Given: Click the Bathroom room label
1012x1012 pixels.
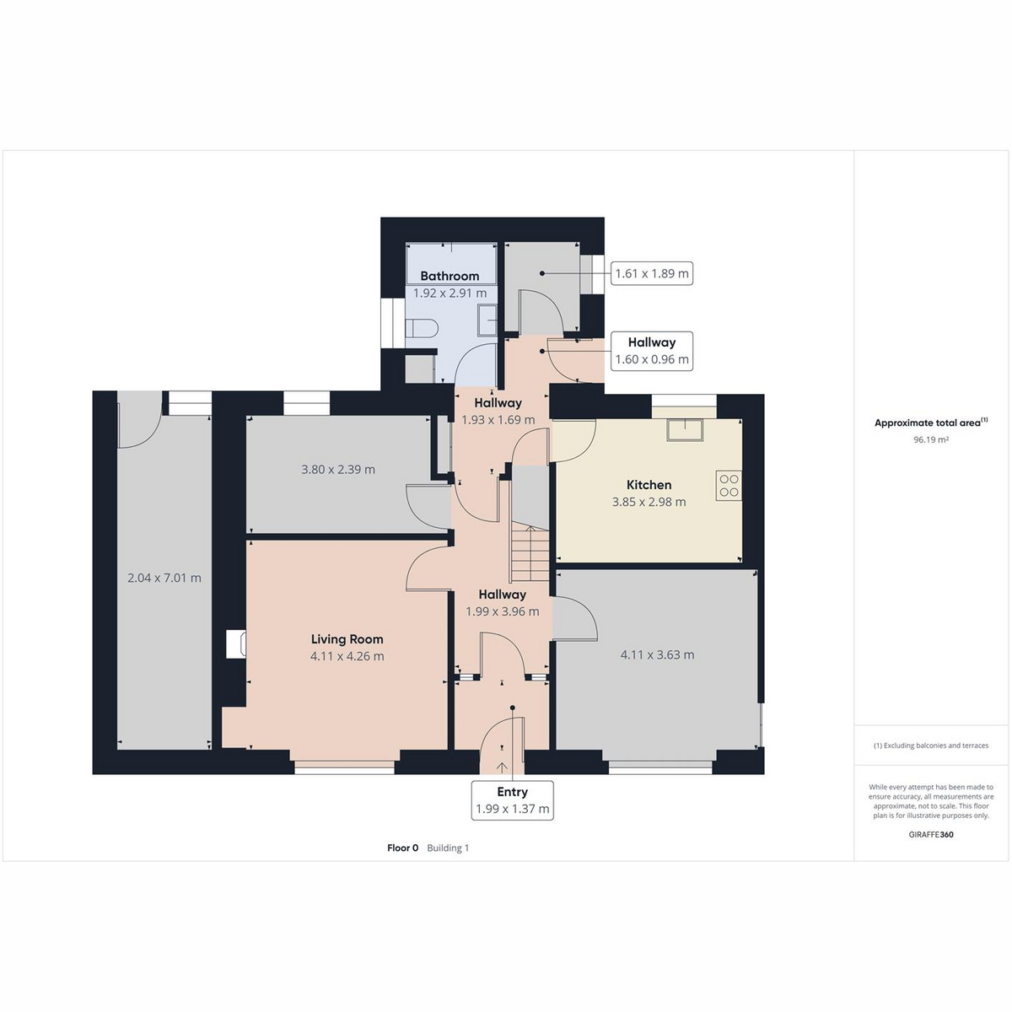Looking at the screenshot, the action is pos(449,276).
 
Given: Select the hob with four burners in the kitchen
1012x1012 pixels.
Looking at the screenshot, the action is pos(729,485).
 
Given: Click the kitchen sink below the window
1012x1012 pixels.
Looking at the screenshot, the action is pos(685,429).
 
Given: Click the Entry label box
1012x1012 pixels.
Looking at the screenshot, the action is pos(512,799).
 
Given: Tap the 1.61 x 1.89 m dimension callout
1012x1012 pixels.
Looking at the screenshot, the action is pos(652,273).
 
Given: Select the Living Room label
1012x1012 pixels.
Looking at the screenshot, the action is pos(347,639).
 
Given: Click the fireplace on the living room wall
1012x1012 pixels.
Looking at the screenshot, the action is pos(236,643).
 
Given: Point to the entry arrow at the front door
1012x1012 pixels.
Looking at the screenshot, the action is pos(502,767).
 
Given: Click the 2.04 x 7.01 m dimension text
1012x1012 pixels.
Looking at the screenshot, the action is pos(164,578).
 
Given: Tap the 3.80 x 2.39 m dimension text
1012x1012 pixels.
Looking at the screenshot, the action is pos(338,469).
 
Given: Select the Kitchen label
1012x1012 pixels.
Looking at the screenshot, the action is pos(649,485).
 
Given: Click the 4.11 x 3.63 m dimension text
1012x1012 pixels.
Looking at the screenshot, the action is pos(658,654).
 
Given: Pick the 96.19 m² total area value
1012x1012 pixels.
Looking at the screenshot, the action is pos(930,440).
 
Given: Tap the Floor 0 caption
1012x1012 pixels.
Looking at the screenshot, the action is pos(403,848).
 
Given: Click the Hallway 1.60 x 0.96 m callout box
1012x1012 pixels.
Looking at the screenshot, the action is pos(652,351).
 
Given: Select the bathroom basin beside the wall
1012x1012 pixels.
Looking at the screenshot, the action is pos(487,320).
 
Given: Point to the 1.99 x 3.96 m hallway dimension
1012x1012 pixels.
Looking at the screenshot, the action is pos(503,611).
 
